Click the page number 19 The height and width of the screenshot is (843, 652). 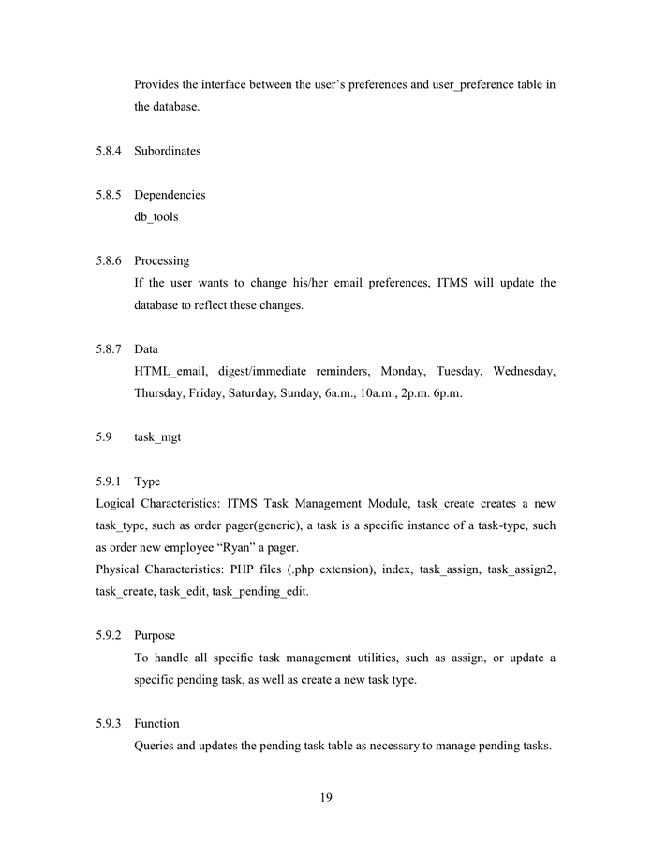point(326,798)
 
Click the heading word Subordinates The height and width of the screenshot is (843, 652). point(167,151)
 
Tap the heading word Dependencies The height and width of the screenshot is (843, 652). point(170,195)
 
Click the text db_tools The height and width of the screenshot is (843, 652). point(156,216)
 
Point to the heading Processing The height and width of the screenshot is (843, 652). point(161,260)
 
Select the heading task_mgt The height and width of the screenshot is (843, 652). point(157,436)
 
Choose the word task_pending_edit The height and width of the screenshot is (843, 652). point(243,592)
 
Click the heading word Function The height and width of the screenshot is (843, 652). point(156,723)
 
